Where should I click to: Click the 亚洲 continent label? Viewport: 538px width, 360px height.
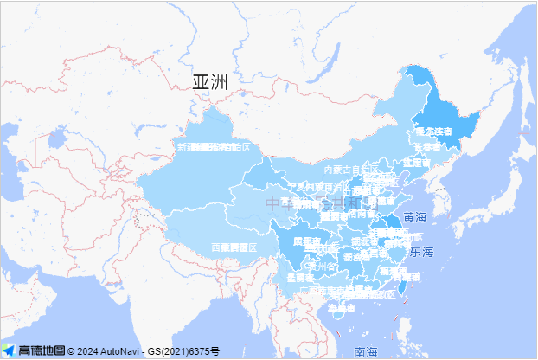(209, 82)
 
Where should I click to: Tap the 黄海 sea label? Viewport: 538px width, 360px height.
(414, 216)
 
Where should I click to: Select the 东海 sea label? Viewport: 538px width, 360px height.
(421, 253)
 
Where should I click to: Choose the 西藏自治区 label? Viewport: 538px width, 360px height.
(234, 247)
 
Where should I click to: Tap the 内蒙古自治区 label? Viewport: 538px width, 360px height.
(346, 170)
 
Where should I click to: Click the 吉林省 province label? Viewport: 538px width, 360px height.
(426, 148)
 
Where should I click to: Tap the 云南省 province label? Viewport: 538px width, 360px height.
(299, 279)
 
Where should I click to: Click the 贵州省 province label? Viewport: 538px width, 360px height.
(326, 267)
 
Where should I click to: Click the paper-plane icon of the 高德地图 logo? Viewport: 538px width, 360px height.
(9, 350)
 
